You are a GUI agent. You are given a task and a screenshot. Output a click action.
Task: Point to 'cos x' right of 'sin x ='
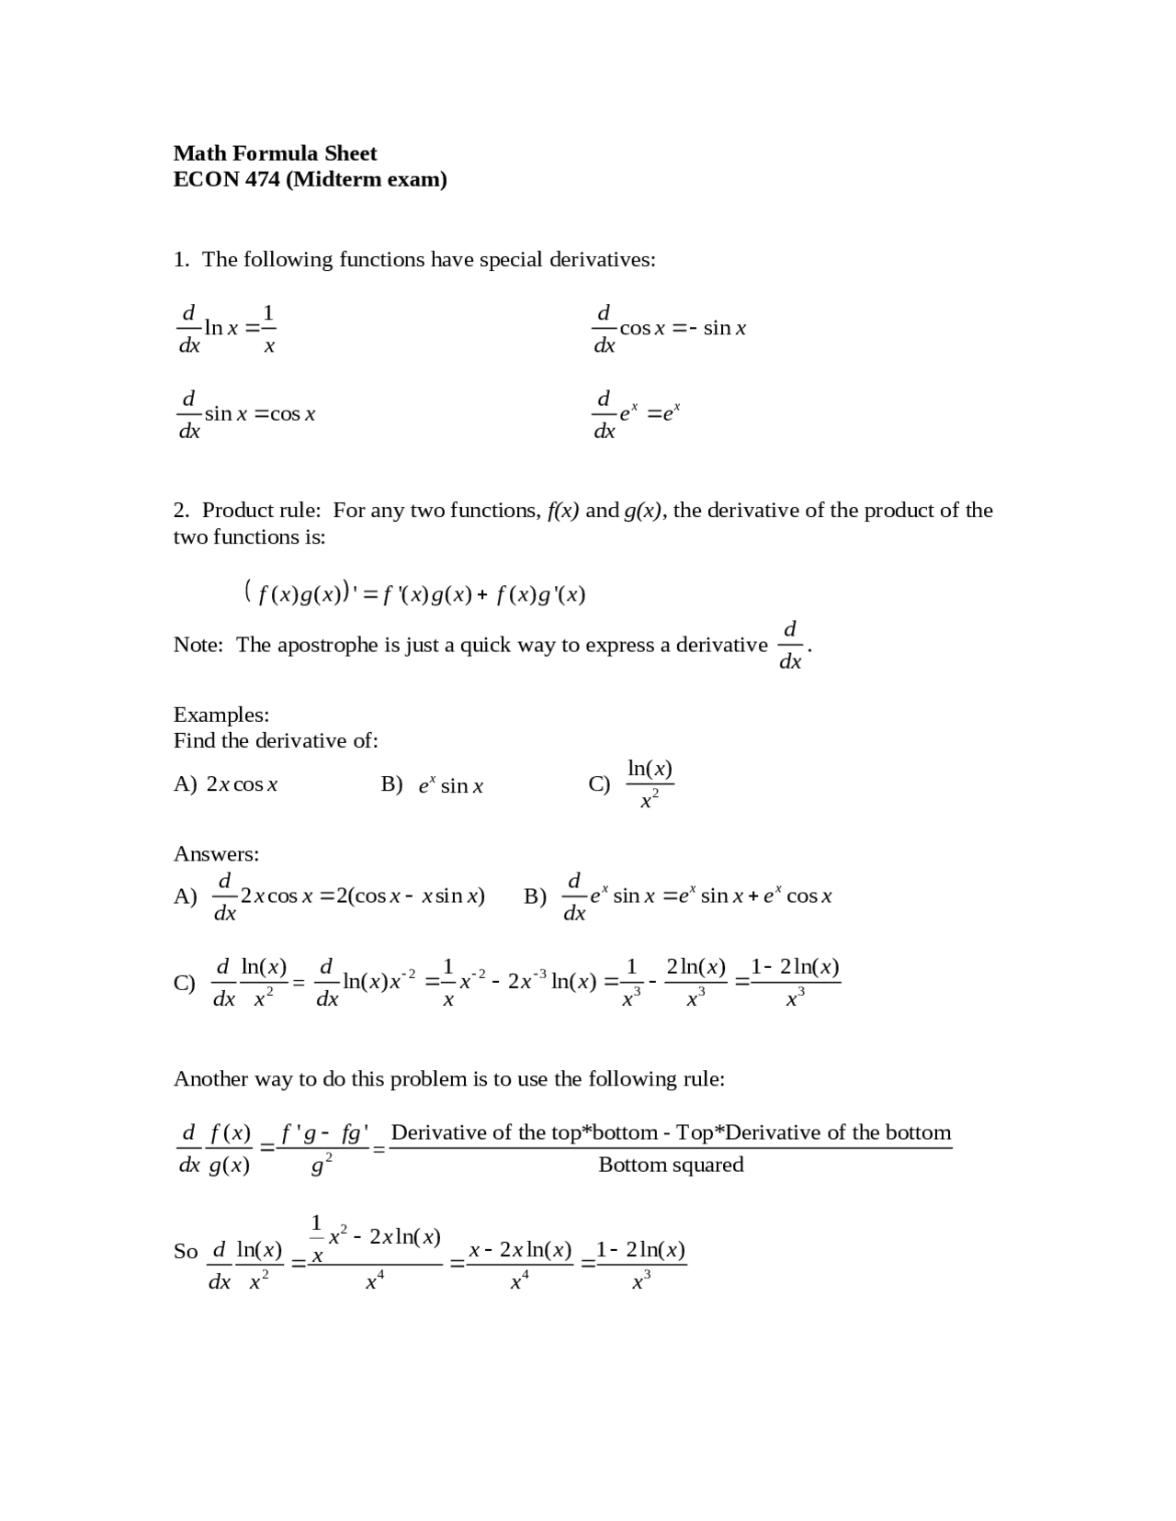292,414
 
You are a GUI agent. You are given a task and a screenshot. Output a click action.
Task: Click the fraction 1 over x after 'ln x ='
268,328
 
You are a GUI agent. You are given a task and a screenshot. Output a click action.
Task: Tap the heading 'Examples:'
220,715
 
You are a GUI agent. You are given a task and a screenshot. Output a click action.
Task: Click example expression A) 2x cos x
242,784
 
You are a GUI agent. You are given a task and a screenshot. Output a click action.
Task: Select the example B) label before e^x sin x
391,784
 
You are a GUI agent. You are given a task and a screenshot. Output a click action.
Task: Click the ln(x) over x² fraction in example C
650,783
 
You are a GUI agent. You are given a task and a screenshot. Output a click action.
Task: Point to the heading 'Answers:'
216,854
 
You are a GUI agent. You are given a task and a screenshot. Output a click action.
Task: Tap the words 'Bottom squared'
671,1165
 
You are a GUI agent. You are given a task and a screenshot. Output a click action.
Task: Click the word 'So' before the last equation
186,1252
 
